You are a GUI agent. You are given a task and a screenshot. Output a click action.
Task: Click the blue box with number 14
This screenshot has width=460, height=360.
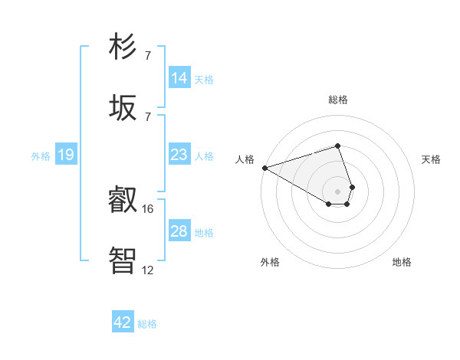(179, 78)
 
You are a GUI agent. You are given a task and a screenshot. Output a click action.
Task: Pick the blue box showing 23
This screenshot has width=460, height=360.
(179, 155)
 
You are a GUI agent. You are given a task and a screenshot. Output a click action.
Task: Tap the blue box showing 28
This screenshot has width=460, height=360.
(179, 231)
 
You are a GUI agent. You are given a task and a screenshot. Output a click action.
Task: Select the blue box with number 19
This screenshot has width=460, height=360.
(66, 155)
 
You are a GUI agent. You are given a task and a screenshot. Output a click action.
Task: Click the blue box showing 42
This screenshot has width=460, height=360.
(123, 322)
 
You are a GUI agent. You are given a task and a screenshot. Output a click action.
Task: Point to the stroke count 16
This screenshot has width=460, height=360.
(148, 208)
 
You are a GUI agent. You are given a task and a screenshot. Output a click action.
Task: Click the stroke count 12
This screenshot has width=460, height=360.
(148, 270)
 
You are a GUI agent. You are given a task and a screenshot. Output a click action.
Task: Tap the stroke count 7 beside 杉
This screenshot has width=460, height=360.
(148, 55)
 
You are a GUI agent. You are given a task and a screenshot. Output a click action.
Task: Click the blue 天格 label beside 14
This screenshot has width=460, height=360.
(204, 79)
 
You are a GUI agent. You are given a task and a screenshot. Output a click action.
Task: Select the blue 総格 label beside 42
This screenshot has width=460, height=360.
(147, 323)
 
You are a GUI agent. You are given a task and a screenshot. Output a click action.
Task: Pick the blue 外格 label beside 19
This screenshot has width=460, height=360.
(41, 155)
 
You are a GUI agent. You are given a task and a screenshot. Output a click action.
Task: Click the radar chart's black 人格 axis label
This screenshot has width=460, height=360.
(245, 159)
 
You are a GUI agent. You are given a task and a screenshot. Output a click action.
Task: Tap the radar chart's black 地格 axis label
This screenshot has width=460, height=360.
(402, 262)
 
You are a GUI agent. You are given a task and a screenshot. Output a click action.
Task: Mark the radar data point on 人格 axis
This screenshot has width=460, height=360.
(264, 168)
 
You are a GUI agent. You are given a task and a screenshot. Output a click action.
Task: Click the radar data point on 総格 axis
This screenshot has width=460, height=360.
(337, 146)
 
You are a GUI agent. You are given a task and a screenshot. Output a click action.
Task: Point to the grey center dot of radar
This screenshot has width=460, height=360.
(337, 191)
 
